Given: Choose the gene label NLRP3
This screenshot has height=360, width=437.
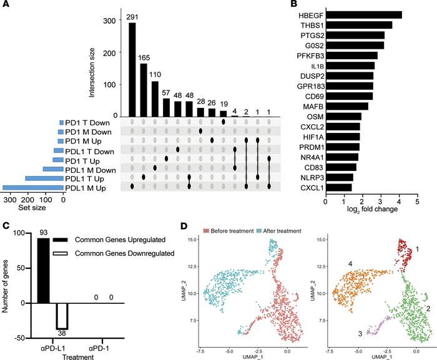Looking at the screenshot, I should click(x=310, y=177).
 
